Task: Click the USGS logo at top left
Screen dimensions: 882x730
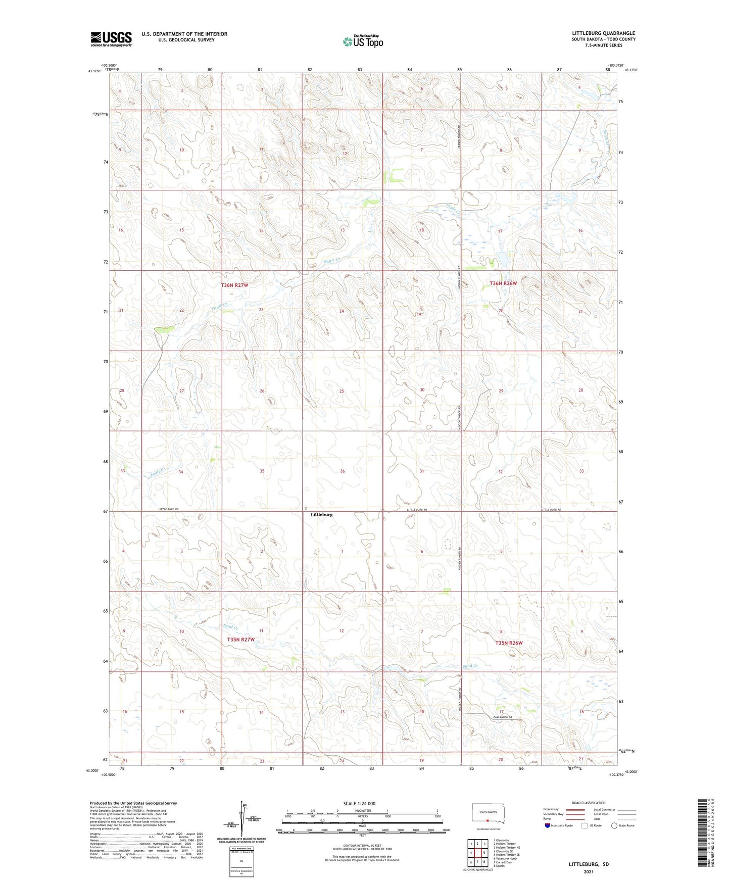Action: [111, 39]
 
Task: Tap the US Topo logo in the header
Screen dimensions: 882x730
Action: [363, 41]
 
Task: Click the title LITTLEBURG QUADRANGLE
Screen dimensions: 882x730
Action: [603, 33]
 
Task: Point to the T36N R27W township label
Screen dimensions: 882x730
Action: [234, 285]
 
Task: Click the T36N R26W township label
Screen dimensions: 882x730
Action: [503, 283]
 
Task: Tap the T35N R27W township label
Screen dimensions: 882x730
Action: [240, 640]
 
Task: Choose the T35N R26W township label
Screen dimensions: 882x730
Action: [509, 643]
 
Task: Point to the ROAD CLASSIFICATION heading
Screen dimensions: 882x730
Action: [589, 803]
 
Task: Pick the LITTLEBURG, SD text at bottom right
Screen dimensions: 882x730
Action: [589, 864]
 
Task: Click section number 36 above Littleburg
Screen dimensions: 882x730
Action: [343, 471]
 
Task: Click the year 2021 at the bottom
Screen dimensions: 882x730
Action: [589, 872]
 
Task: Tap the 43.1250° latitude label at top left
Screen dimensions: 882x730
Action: [94, 71]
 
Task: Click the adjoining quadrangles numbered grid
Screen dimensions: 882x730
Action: [477, 854]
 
